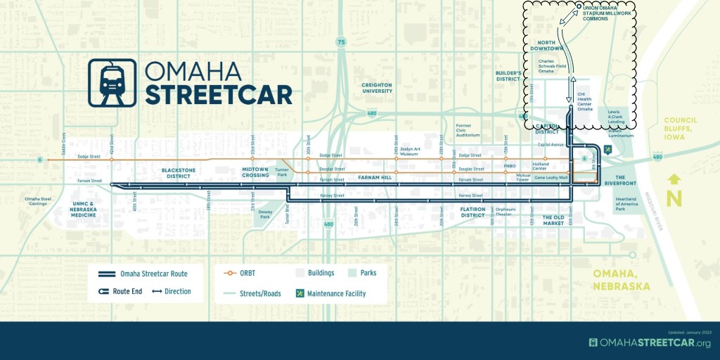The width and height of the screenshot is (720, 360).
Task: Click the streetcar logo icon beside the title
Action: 112,82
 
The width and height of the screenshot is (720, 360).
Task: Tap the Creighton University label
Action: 376,88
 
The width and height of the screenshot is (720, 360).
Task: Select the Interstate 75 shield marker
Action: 341,43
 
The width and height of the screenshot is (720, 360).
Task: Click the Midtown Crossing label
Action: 256,172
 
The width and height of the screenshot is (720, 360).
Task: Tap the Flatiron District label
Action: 472,212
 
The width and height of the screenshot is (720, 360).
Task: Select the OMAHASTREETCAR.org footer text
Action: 650,342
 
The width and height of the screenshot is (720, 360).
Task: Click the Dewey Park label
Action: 265,213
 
